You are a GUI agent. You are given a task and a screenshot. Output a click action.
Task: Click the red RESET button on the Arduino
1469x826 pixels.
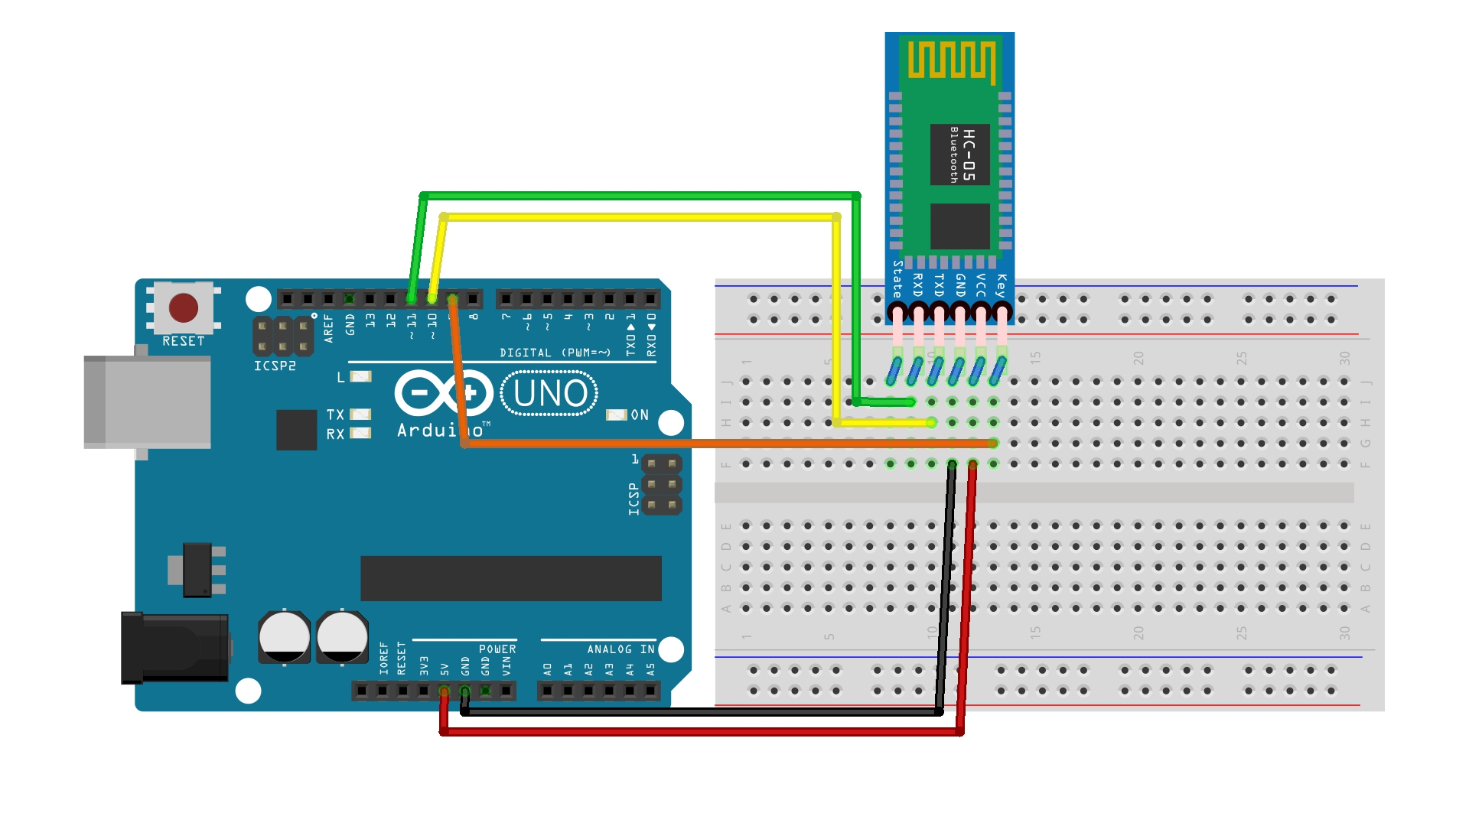tap(184, 308)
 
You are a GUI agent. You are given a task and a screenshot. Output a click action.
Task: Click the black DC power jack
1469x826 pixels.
tap(175, 647)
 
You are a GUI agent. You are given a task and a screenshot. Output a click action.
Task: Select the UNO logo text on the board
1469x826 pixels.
tap(550, 394)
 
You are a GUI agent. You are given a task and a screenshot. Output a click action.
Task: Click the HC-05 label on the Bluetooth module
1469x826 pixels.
tap(969, 154)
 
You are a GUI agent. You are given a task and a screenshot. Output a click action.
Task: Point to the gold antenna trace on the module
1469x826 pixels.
tap(951, 60)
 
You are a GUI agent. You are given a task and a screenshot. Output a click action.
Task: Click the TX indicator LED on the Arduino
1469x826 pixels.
tap(360, 415)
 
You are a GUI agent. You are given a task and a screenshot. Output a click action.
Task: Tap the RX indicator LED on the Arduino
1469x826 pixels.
tap(360, 434)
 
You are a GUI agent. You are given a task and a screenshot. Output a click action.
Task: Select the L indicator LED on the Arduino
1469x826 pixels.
tap(360, 376)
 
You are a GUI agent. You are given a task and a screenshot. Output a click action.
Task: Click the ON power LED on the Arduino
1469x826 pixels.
tap(617, 415)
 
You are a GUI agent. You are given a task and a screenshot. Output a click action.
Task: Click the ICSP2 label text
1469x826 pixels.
tap(275, 366)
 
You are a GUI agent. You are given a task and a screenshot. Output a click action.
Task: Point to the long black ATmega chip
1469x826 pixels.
tap(510, 578)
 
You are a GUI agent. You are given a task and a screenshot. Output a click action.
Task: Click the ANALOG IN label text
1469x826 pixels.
tap(620, 649)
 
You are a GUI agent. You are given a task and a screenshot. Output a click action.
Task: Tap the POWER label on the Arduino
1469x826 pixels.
tap(497, 649)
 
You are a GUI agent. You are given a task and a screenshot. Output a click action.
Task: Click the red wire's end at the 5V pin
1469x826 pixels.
tap(444, 692)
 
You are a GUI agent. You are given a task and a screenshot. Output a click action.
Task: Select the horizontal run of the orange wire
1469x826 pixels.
tap(727, 444)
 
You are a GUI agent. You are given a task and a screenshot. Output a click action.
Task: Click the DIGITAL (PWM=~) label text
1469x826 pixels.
tap(555, 353)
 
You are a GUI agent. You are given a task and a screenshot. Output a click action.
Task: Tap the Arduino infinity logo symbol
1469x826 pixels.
tap(444, 393)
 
